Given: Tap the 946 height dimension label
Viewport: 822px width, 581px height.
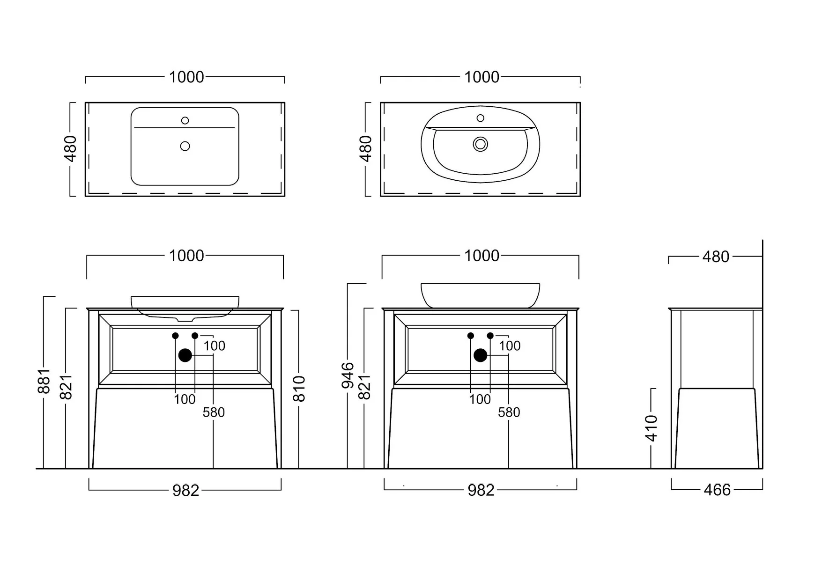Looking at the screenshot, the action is (348, 375).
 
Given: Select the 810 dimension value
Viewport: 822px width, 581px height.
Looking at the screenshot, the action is (299, 389).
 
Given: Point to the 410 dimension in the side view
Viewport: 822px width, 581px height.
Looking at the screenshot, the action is (652, 428).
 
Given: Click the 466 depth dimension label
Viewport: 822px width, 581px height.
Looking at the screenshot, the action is (717, 490).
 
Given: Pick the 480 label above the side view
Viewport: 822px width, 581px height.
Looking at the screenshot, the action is (716, 257).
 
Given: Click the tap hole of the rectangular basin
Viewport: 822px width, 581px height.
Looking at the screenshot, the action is (185, 121).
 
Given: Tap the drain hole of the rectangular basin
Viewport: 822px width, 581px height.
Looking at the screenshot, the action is (185, 146).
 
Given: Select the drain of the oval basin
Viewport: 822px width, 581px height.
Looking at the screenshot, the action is (481, 144).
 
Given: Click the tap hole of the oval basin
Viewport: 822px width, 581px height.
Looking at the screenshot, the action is (481, 118).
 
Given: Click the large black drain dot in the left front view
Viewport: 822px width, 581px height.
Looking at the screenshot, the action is (185, 355).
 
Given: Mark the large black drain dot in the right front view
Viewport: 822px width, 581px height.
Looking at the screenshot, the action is (481, 355).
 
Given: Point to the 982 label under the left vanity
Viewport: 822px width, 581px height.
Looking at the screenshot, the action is (186, 490).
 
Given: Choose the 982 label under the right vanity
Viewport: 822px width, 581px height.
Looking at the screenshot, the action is (481, 490).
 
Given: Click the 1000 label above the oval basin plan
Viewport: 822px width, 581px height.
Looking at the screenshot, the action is (481, 77).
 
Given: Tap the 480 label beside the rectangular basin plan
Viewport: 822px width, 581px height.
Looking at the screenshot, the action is (70, 149).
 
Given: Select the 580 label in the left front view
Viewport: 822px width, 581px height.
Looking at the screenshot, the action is (214, 412).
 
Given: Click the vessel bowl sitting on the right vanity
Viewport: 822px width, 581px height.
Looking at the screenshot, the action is (481, 295).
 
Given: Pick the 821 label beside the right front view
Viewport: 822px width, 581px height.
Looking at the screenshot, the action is (364, 387).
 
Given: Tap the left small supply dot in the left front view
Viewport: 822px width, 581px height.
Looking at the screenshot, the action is (175, 336).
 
